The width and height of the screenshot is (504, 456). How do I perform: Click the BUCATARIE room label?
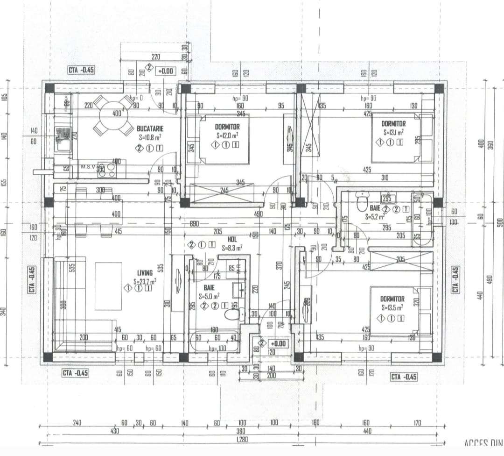[x=150, y=128]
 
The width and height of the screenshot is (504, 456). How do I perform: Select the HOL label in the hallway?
[x=232, y=240]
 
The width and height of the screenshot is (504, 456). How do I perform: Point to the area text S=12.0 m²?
[x=228, y=135]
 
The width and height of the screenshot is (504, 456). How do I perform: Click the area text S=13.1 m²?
[x=393, y=132]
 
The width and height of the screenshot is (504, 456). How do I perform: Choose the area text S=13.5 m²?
[x=392, y=307]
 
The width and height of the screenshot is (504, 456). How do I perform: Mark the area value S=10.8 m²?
[x=151, y=138]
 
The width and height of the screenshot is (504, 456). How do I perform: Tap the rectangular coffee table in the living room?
[x=108, y=286]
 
